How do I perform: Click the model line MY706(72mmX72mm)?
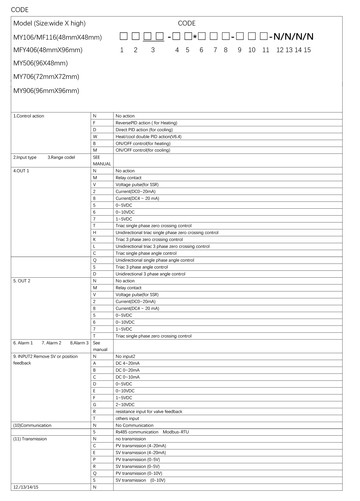click(46, 77)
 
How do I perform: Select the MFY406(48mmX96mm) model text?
click(48, 50)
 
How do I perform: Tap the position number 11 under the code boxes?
click(265, 50)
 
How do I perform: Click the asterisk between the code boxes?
click(195, 37)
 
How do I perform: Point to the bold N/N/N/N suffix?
click(293, 37)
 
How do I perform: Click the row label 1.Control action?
click(29, 116)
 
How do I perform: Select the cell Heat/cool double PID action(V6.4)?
click(148, 137)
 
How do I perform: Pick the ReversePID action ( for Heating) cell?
click(146, 123)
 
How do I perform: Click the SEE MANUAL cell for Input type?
click(102, 160)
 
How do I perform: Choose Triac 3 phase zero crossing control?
click(149, 240)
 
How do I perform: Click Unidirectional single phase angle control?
click(155, 260)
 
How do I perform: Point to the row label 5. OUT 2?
click(22, 281)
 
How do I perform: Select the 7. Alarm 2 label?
click(51, 343)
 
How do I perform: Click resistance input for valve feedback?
click(149, 412)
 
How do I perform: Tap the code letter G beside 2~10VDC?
click(94, 405)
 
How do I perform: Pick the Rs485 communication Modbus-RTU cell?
click(152, 432)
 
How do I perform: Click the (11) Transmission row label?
click(30, 439)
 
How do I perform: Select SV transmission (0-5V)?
click(137, 467)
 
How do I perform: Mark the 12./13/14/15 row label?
click(26, 487)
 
